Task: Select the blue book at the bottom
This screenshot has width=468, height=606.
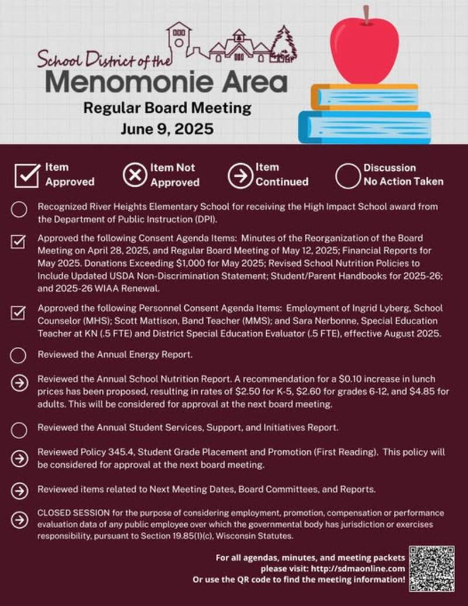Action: [x=364, y=126]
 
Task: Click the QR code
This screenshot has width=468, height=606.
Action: [x=432, y=567]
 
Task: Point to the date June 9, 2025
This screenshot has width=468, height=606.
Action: [x=167, y=128]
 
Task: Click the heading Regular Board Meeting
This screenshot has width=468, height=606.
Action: [x=167, y=108]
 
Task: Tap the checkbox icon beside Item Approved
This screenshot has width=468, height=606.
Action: [x=27, y=174]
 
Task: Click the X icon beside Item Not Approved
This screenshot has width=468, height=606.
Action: [x=135, y=174]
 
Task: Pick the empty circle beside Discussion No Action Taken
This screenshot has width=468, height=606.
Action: [x=346, y=175]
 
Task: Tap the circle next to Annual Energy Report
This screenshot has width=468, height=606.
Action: [x=19, y=355]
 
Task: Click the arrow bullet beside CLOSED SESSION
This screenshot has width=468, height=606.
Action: [x=19, y=519]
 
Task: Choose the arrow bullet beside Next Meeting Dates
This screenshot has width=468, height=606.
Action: [x=19, y=490]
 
